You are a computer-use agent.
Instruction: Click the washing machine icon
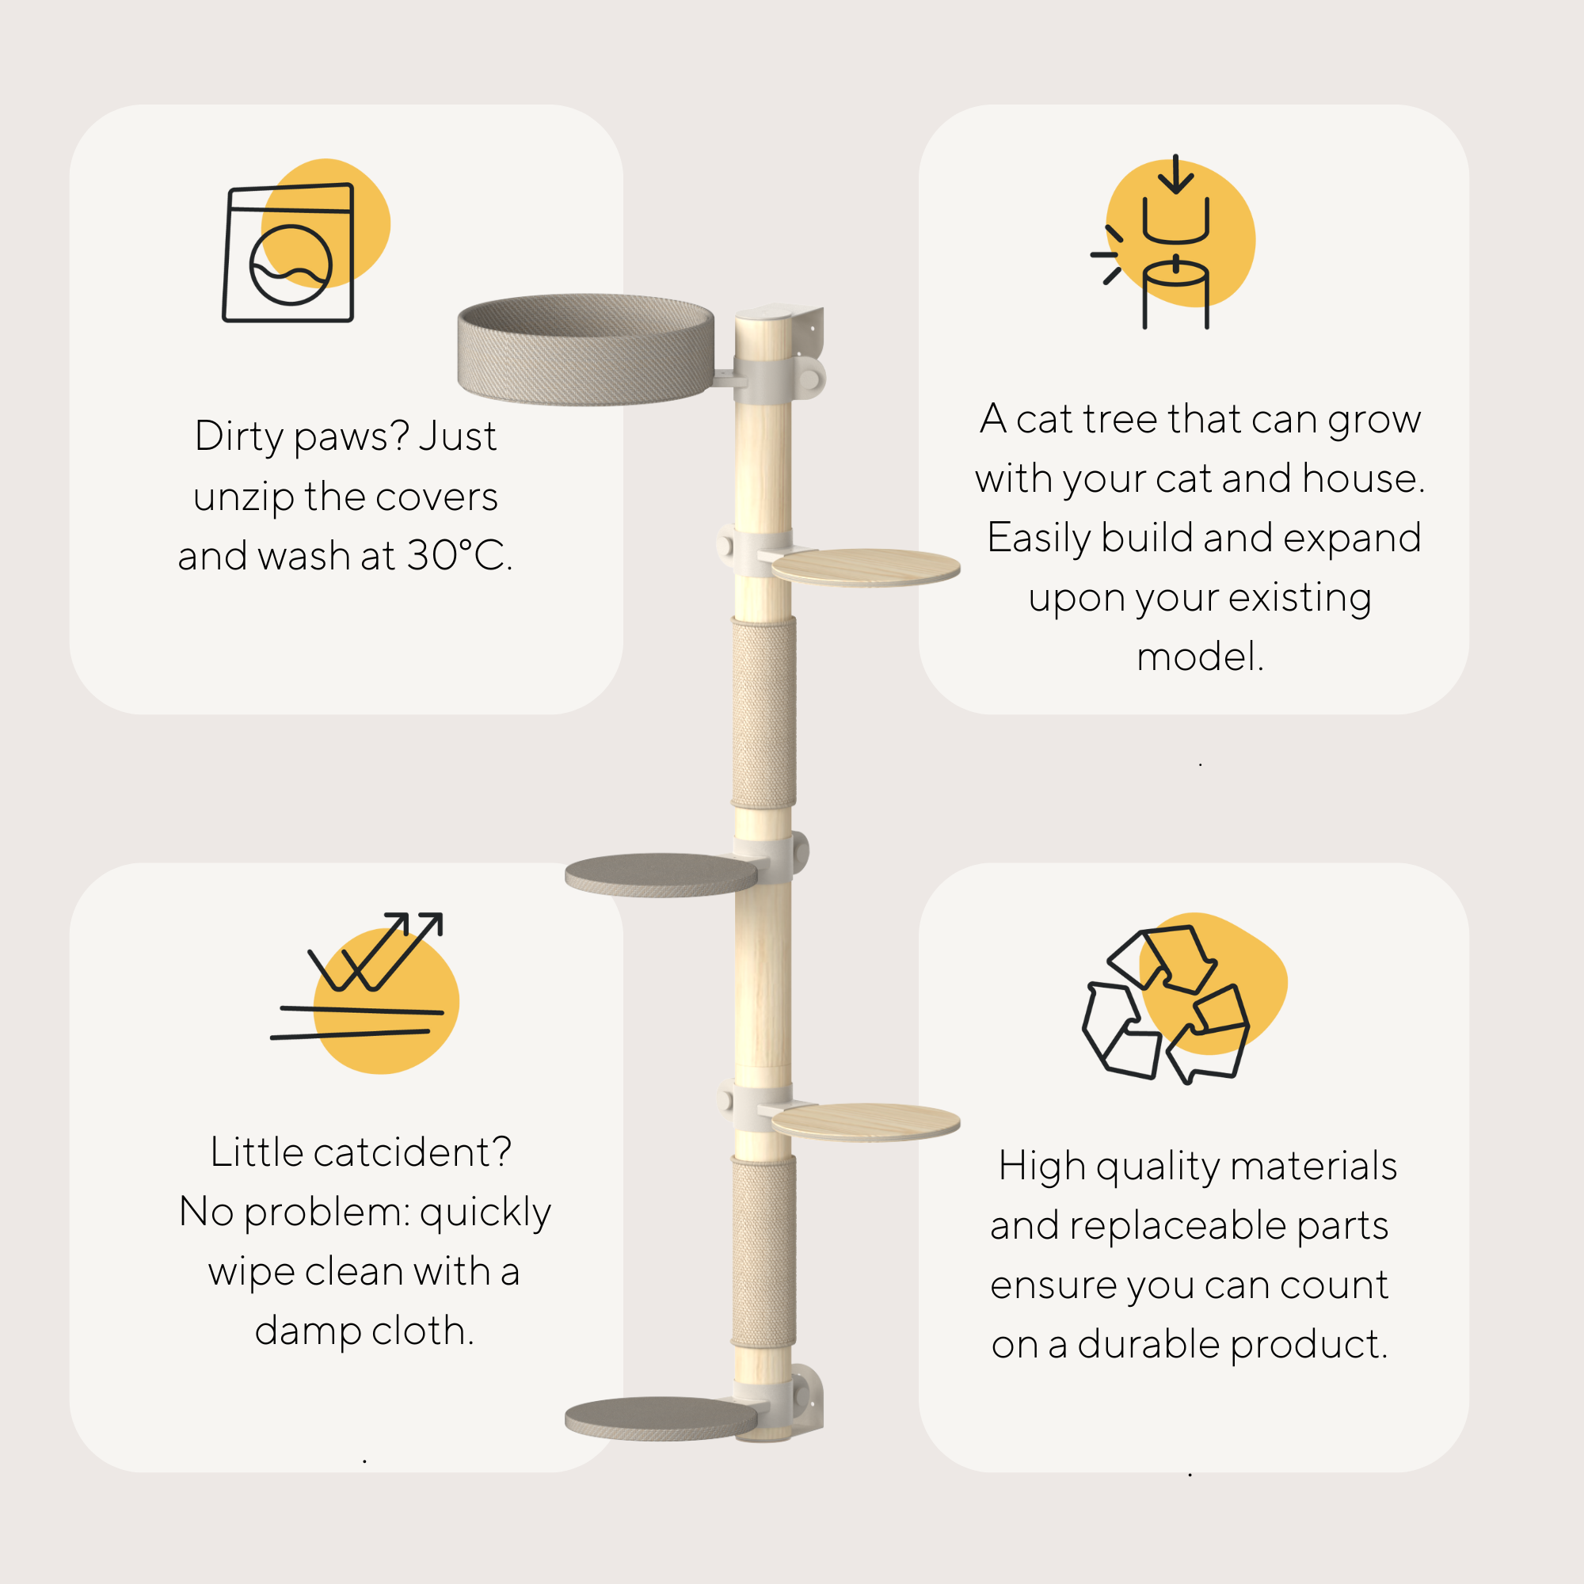pyautogui.click(x=288, y=253)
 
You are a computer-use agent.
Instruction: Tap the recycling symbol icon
pyautogui.click(x=1166, y=1003)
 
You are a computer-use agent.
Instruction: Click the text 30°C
pyautogui.click(x=459, y=556)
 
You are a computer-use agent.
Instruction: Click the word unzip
pyautogui.click(x=243, y=497)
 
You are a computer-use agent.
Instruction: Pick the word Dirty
pyautogui.click(x=238, y=436)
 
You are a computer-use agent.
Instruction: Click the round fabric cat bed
pyautogui.click(x=585, y=349)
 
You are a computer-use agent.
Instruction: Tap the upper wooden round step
pyautogui.click(x=865, y=566)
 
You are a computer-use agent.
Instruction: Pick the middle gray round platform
pyautogui.click(x=661, y=875)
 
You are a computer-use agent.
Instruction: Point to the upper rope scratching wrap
pyautogui.click(x=763, y=714)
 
